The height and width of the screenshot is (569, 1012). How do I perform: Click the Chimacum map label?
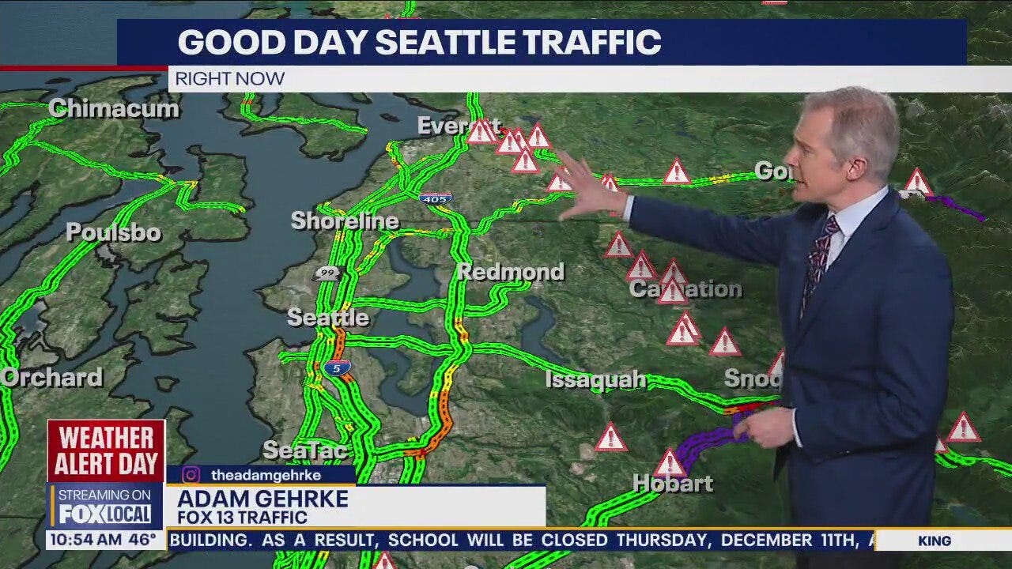coord(114,109)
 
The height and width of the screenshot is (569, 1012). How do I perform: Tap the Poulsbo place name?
coord(113,232)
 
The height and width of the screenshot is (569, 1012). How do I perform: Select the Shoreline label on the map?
coord(344,221)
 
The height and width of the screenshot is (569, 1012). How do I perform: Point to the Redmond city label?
coord(510,272)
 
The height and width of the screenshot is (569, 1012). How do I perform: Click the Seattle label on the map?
coord(327,318)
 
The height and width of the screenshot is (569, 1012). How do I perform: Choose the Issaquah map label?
coord(595,380)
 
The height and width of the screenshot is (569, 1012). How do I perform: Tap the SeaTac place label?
coord(305,450)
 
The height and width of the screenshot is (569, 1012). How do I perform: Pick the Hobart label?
coord(673,484)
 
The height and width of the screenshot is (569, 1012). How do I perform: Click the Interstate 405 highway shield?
coord(436,197)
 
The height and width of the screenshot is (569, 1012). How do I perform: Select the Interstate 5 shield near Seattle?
coord(337,367)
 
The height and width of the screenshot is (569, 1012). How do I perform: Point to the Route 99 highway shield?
coord(326,273)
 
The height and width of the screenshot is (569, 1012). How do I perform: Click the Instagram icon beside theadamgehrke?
coord(191,475)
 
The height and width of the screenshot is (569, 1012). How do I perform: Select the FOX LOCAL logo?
coord(105,514)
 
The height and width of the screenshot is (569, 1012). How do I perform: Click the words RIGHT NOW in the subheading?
coord(229,79)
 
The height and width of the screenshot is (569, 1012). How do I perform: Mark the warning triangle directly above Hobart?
coord(670,464)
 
